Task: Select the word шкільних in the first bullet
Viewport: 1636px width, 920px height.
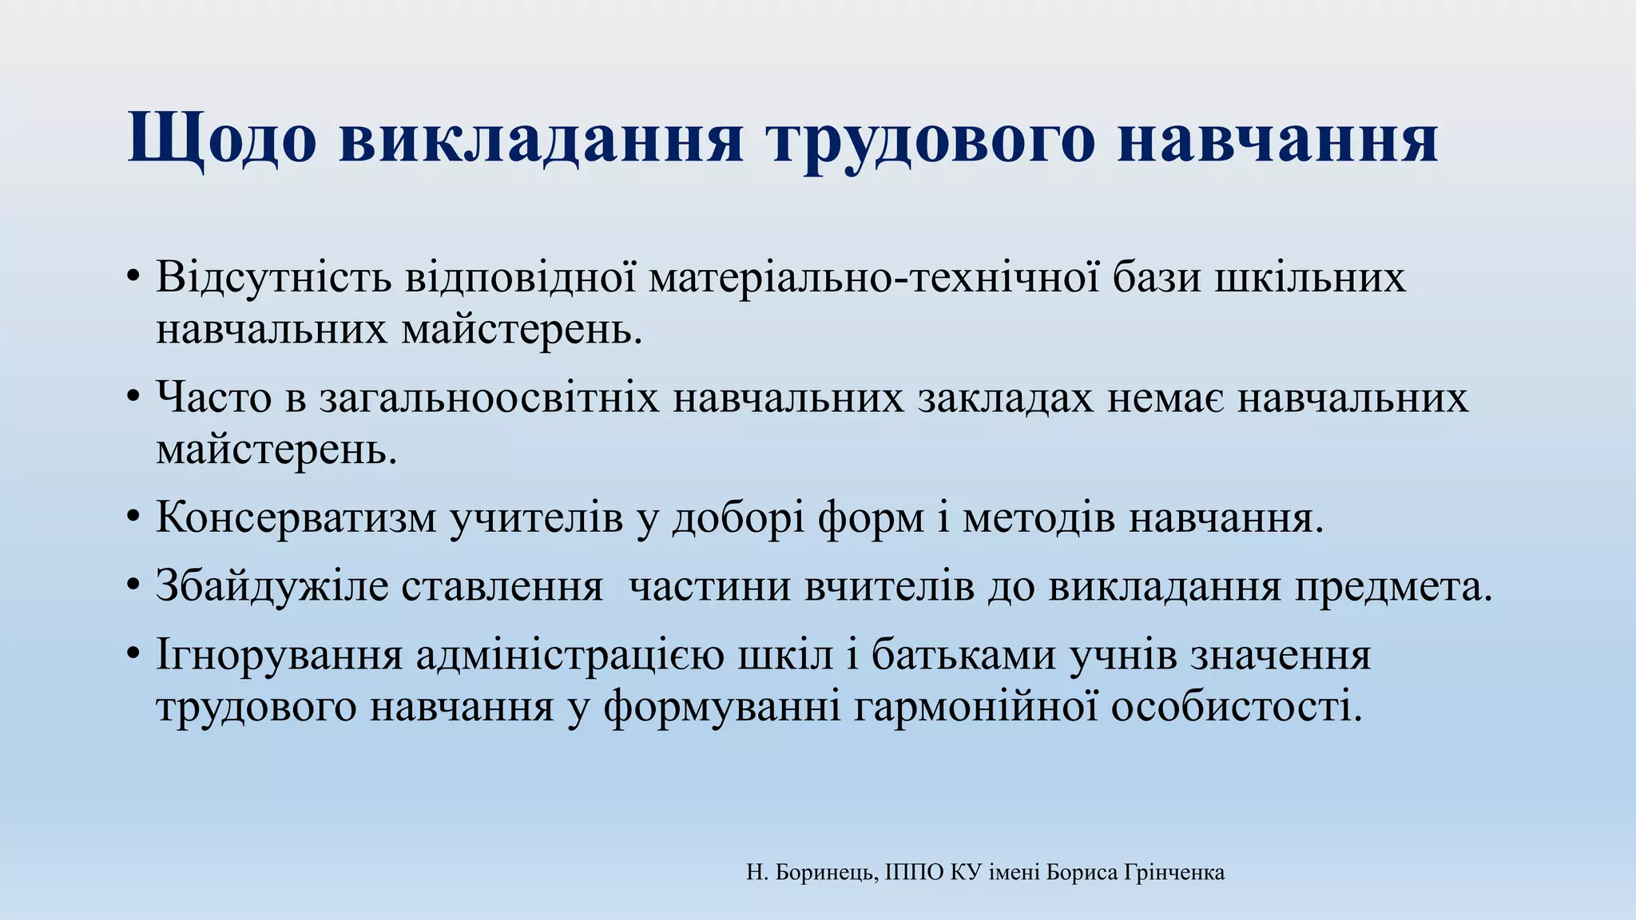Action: (1310, 278)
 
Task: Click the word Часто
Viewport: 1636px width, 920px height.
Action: (214, 398)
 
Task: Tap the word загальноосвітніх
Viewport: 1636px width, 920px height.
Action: (489, 398)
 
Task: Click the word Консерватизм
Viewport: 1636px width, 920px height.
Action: (296, 517)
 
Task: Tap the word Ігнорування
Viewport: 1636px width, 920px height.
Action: (279, 656)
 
